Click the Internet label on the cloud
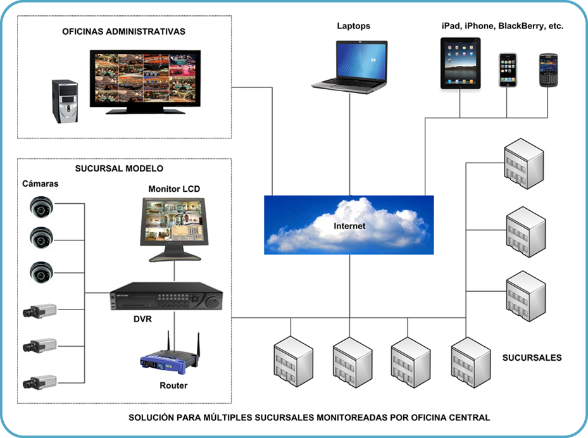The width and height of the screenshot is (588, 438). pyautogui.click(x=349, y=226)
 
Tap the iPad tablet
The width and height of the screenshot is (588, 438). pyautogui.click(x=460, y=63)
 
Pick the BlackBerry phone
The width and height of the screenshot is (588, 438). pyautogui.click(x=547, y=70)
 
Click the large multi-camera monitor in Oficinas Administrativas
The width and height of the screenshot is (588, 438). pyautogui.click(x=145, y=80)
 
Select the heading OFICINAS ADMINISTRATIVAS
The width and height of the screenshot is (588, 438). pyautogui.click(x=123, y=32)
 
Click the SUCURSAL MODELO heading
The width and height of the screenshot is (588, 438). pyautogui.click(x=119, y=168)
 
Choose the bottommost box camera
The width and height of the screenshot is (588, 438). pyautogui.click(x=39, y=382)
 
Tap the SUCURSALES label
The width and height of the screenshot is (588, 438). pyautogui.click(x=532, y=358)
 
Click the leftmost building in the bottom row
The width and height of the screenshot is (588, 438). pyautogui.click(x=292, y=361)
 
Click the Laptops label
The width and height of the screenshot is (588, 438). pyautogui.click(x=353, y=26)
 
